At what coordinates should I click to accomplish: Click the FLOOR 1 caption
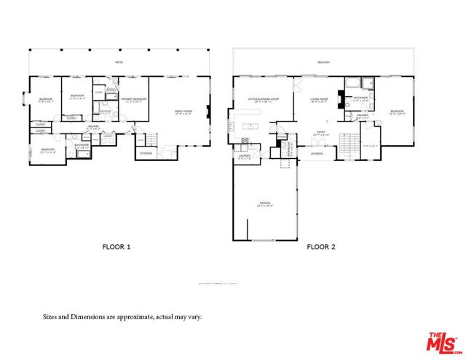click(116, 247)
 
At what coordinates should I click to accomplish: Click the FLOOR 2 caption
click(320, 247)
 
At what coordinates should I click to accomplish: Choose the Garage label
click(264, 204)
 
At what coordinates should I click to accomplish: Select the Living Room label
click(319, 100)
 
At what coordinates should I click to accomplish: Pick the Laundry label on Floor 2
click(245, 155)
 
